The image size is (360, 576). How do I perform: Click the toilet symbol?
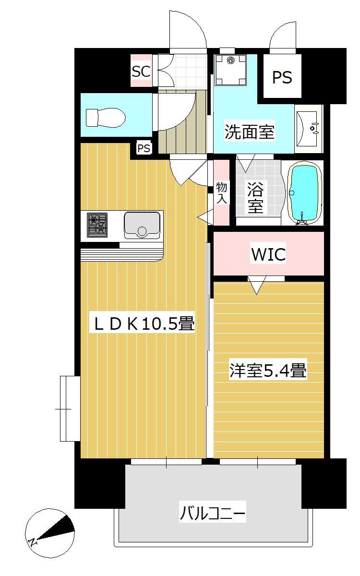[105, 117]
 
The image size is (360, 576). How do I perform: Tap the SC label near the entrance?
[141, 72]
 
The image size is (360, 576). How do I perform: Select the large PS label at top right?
[282, 77]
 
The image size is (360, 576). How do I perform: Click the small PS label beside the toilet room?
[144, 149]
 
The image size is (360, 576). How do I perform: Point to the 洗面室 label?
[250, 132]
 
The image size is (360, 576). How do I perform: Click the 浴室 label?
[255, 198]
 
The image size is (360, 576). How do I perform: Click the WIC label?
[268, 254]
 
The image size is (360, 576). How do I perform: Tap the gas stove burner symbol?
[97, 224]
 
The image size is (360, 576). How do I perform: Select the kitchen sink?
[142, 225]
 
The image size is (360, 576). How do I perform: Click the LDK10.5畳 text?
[144, 324]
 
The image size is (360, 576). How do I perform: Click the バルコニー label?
[213, 514]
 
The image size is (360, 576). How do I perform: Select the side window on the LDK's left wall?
[69, 408]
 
